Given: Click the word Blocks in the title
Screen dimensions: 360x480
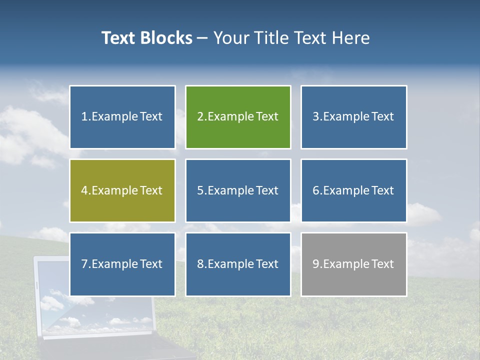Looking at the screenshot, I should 166,38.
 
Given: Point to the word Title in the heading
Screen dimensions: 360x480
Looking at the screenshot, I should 273,38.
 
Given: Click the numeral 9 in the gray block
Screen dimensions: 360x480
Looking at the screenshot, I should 316,264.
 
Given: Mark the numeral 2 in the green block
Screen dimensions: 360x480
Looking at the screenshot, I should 200,117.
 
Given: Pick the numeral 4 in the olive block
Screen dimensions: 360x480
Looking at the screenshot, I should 84,190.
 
